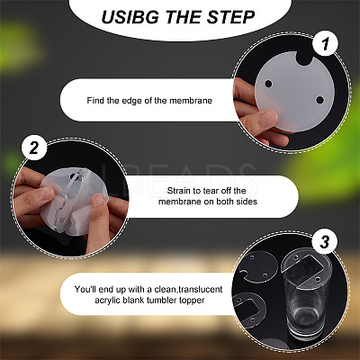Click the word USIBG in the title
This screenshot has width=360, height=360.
(130, 17)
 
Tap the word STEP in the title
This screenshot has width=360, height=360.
(230, 17)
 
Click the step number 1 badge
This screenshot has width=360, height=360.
(325, 44)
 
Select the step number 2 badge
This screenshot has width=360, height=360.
(34, 148)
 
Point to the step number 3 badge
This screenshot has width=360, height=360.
(325, 242)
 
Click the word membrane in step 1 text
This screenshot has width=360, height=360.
(191, 100)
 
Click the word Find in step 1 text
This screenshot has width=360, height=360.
(95, 100)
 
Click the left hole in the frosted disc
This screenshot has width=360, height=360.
(268, 84)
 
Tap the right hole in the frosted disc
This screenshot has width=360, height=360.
(319, 100)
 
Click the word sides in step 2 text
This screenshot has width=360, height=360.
(247, 202)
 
